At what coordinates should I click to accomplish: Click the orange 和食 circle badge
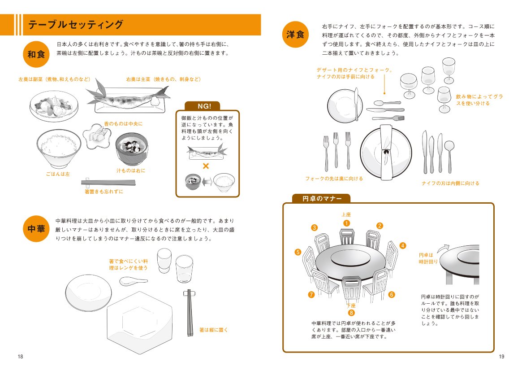(x=36, y=54)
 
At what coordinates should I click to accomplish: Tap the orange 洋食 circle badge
(x=295, y=35)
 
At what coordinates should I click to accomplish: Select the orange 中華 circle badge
(x=36, y=229)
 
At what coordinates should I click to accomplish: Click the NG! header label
(x=204, y=106)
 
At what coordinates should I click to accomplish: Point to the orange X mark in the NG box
(x=206, y=166)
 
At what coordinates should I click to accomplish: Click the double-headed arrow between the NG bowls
(x=207, y=182)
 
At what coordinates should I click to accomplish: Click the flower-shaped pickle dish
(x=96, y=136)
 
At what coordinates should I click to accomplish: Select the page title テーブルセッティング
(x=76, y=25)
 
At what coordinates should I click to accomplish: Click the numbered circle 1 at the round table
(x=346, y=223)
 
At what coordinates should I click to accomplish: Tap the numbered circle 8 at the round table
(x=351, y=313)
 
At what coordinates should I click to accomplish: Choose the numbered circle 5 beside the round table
(x=298, y=252)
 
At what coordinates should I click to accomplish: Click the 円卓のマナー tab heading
(x=322, y=199)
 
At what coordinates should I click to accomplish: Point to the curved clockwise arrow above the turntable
(x=443, y=249)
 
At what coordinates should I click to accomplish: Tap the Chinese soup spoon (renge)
(x=133, y=281)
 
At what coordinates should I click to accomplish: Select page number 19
(x=501, y=357)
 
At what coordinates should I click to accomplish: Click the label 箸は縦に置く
(x=213, y=330)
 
